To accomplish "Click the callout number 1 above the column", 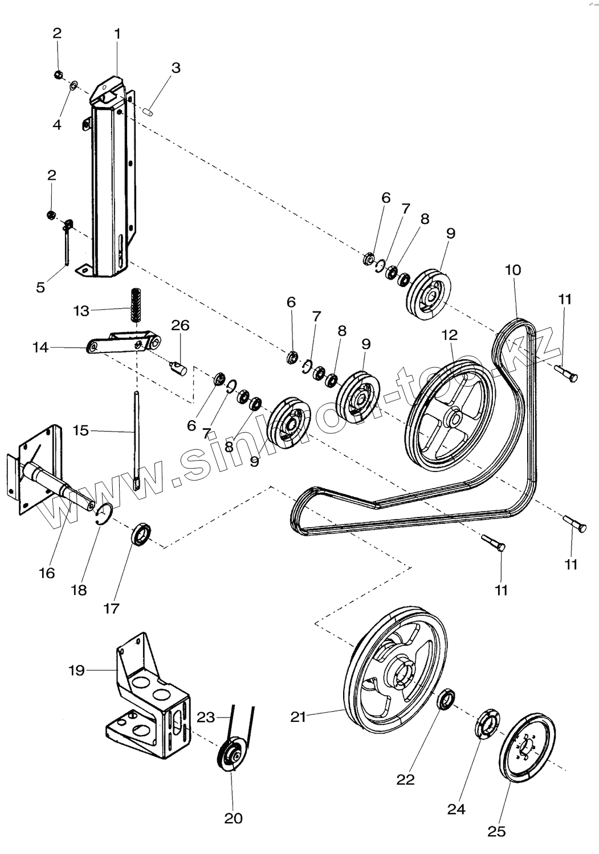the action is click(x=117, y=34).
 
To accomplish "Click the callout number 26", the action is click(x=180, y=325).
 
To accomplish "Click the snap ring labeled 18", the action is click(x=104, y=514).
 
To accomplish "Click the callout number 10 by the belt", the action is click(x=513, y=270).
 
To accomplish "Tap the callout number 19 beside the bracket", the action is click(x=77, y=670).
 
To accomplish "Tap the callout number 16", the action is click(x=47, y=573).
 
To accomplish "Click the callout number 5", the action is click(x=40, y=287).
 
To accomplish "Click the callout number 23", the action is click(x=205, y=717).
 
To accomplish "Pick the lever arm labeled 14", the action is click(x=124, y=342).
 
